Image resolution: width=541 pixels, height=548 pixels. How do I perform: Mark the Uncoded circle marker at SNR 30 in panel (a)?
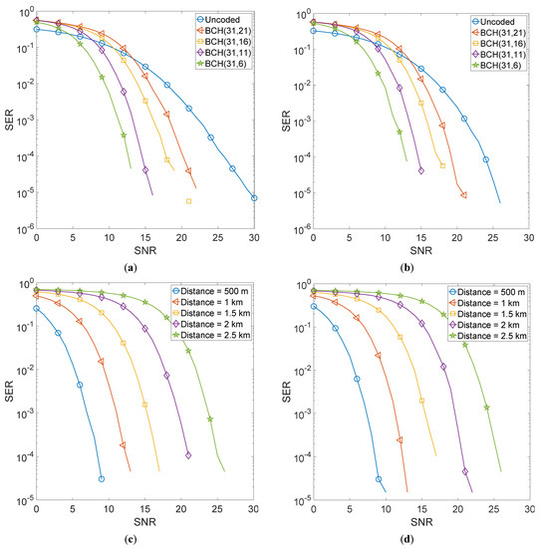pos(254,198)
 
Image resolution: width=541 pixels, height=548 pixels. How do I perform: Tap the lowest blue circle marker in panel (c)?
pos(102,479)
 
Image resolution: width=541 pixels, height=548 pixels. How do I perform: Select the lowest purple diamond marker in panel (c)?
pos(188,455)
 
